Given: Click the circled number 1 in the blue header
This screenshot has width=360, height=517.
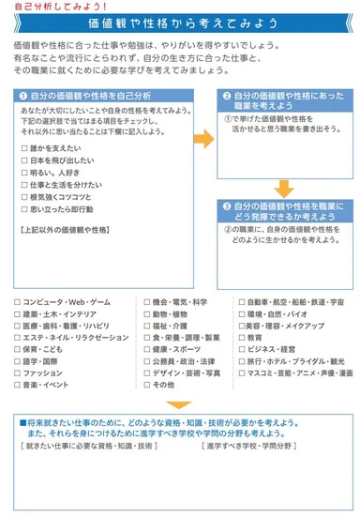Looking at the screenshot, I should [x=22, y=97].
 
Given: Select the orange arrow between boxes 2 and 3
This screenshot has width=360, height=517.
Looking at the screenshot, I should [x=283, y=186].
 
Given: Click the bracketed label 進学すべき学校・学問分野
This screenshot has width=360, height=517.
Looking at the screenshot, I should [x=247, y=446].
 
